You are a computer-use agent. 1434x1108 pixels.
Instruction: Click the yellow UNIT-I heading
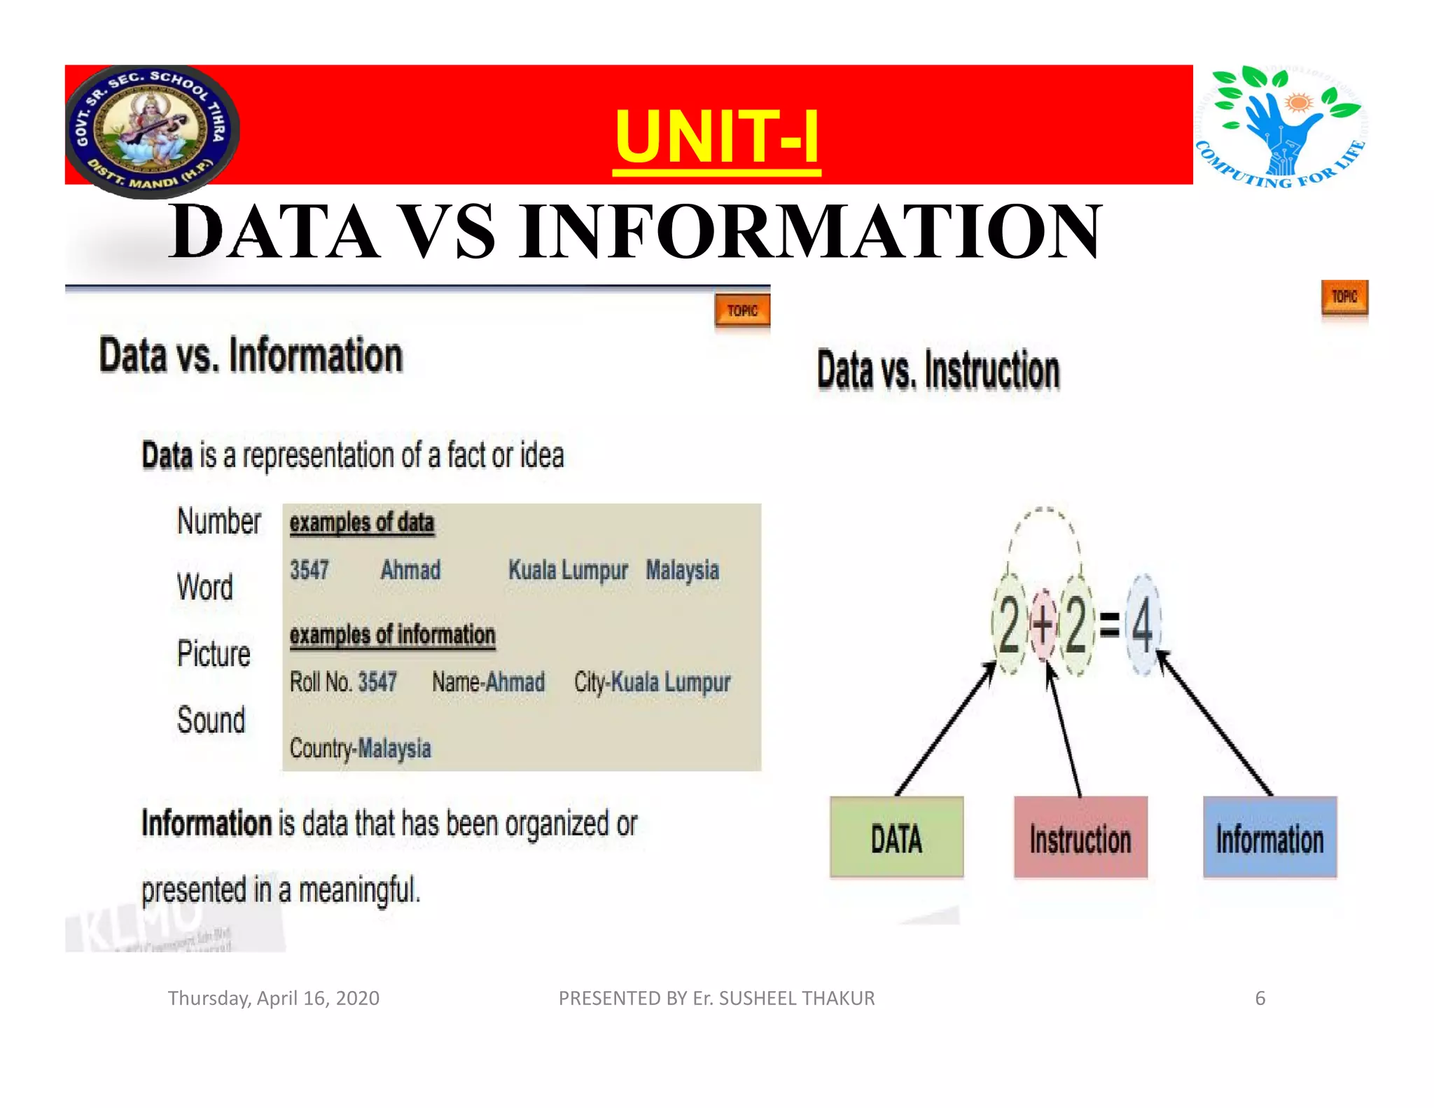click(x=716, y=136)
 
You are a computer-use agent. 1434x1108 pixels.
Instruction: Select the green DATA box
click(x=896, y=837)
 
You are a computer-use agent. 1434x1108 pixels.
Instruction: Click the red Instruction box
click(x=1080, y=837)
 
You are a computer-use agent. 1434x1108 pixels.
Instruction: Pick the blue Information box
click(x=1269, y=837)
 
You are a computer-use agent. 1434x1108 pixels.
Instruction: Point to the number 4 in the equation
click(x=1143, y=625)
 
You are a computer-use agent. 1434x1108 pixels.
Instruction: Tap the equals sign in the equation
click(x=1109, y=625)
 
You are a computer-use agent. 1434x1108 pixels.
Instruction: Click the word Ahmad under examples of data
click(x=410, y=570)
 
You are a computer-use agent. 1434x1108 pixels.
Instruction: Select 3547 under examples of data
click(x=309, y=570)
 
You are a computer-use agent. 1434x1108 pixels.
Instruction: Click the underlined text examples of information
click(x=392, y=635)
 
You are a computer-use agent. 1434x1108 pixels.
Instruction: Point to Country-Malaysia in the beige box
click(x=360, y=749)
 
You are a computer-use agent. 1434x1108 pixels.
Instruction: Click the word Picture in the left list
click(x=214, y=654)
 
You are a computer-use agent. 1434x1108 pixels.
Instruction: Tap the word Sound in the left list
click(x=211, y=720)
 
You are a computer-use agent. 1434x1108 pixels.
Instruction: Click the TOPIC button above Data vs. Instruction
click(x=1344, y=298)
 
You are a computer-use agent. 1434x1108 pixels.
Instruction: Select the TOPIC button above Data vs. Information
click(x=742, y=311)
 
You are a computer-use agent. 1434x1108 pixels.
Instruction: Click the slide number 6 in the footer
click(x=1260, y=998)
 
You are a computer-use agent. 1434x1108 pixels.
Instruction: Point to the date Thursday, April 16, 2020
click(x=273, y=998)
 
